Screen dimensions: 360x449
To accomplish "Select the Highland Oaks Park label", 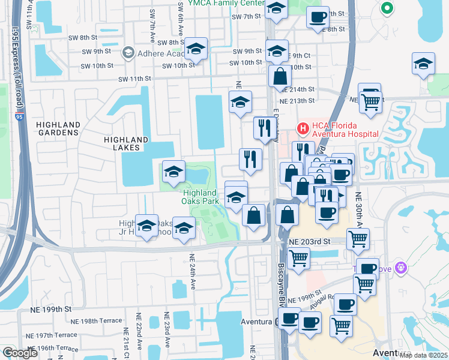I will [x=200, y=197].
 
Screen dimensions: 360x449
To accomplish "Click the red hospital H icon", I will [x=303, y=128].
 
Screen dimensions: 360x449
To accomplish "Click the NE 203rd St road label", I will [x=310, y=241].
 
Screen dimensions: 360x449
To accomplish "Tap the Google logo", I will [x=20, y=353].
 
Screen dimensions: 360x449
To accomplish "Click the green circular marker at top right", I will [x=387, y=8].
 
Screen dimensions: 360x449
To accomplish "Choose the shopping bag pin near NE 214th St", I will [x=280, y=76].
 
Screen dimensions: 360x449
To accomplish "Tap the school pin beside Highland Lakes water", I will [x=173, y=173].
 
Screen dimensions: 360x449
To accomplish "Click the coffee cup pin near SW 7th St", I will [x=318, y=17].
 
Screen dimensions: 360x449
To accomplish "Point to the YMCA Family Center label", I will [x=226, y=3].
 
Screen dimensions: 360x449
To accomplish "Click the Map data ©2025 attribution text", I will [x=423, y=355].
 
